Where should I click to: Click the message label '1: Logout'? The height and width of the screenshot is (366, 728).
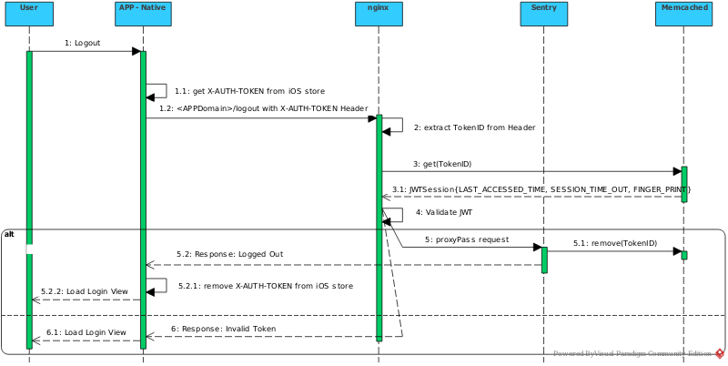(x=83, y=43)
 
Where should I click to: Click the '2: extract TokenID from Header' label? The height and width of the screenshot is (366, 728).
(x=473, y=127)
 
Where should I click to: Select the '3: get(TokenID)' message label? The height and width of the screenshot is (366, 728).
(x=442, y=164)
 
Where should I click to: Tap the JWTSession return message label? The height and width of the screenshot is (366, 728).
(x=541, y=189)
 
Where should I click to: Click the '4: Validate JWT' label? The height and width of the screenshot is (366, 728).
(x=443, y=213)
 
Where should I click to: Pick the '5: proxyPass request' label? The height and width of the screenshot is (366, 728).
(x=467, y=239)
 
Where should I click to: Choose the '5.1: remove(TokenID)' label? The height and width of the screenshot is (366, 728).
(x=615, y=243)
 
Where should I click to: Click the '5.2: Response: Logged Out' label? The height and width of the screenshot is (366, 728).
(x=230, y=254)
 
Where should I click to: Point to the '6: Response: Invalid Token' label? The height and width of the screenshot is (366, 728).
(x=223, y=328)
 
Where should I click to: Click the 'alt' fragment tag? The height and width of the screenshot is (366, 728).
(x=9, y=234)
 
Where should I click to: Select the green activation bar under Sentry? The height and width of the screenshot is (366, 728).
(x=544, y=259)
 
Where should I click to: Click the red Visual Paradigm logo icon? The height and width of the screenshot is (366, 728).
(x=719, y=353)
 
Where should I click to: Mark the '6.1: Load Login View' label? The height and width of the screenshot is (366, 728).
(x=86, y=332)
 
